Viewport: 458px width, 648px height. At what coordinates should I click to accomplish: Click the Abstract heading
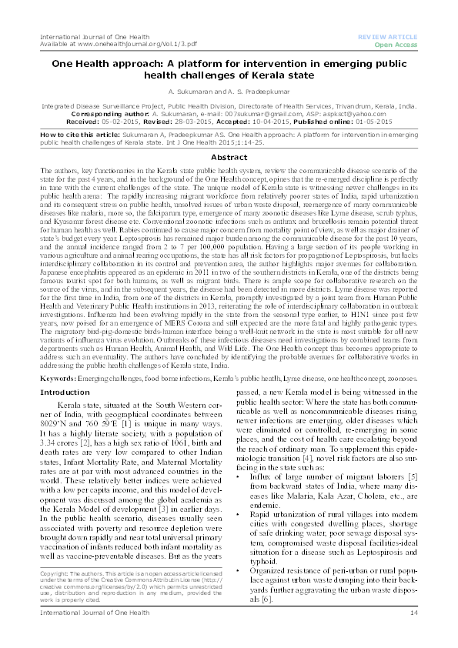coord(229,157)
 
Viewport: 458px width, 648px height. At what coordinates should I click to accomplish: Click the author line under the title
coord(229,90)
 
